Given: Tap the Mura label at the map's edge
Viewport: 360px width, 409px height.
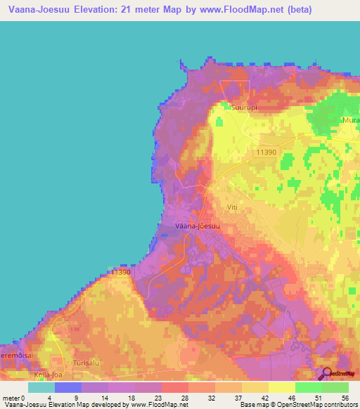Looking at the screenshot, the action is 350,120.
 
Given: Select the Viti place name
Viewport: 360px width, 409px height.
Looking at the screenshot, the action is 234,207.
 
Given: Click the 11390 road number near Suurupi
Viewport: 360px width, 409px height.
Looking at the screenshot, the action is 266,152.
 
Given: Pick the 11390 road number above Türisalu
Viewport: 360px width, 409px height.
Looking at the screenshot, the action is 121,272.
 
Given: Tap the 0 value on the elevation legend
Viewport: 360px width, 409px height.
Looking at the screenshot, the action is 24,398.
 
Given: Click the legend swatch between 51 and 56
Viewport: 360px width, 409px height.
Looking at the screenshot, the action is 335,387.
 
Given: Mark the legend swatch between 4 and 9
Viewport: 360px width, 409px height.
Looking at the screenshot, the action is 68,387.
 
